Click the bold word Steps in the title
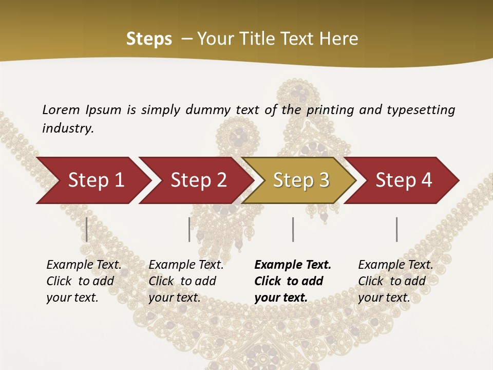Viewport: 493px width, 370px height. click(149, 39)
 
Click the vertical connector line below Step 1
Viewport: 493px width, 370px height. click(87, 229)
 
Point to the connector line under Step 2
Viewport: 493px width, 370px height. click(189, 229)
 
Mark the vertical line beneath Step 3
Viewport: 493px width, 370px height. click(293, 229)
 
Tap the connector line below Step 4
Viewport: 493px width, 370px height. click(396, 229)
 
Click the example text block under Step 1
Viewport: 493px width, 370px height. click(84, 281)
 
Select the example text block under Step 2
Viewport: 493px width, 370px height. click(186, 281)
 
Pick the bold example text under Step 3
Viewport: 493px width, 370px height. click(293, 281)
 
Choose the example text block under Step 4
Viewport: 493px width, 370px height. click(395, 281)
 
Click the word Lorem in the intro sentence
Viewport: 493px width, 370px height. click(61, 110)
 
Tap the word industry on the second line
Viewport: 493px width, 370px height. click(68, 128)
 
